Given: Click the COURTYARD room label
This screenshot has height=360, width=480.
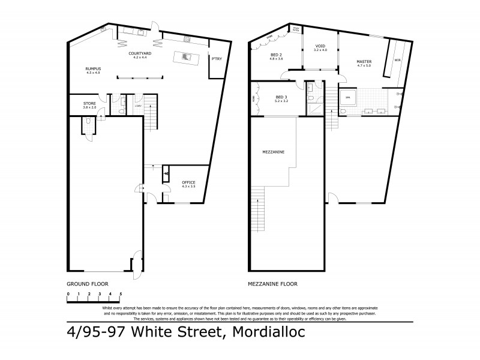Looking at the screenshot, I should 137,54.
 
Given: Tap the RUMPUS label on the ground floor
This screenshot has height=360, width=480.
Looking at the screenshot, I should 93,70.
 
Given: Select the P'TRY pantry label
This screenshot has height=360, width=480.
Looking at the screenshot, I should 216,58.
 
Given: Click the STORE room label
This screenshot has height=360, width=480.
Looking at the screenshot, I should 89,104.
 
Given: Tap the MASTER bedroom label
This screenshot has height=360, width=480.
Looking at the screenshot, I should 364,62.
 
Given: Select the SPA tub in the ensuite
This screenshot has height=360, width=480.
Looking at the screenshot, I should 347,97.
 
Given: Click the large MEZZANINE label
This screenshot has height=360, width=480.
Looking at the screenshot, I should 272,152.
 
